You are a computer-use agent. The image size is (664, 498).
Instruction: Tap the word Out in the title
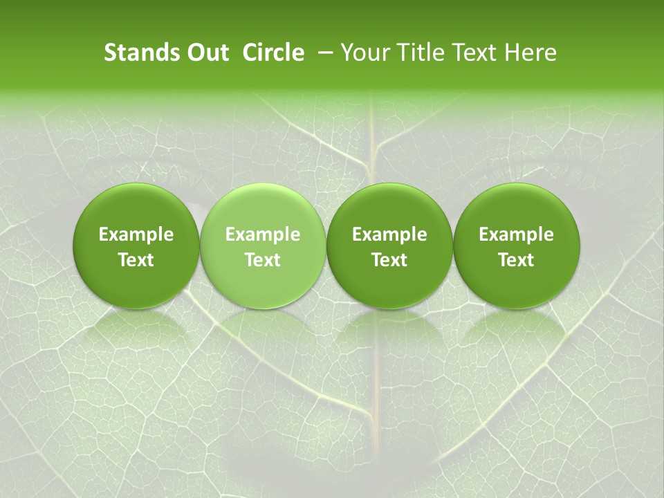pyautogui.click(x=206, y=53)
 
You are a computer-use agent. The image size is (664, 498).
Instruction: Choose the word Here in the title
pyautogui.click(x=528, y=53)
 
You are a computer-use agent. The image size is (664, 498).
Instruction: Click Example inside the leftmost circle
pyautogui.click(x=136, y=234)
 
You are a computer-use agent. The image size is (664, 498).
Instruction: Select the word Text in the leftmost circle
pyautogui.click(x=136, y=260)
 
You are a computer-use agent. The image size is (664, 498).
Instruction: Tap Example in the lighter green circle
pyautogui.click(x=263, y=234)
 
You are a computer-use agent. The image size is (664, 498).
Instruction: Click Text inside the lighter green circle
pyautogui.click(x=263, y=260)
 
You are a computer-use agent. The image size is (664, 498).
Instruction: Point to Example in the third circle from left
pyautogui.click(x=389, y=234)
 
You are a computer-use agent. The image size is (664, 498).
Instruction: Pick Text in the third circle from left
pyautogui.click(x=389, y=260)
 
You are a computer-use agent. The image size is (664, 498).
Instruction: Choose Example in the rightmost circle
pyautogui.click(x=516, y=234)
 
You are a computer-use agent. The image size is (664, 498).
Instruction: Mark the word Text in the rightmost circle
pyautogui.click(x=516, y=260)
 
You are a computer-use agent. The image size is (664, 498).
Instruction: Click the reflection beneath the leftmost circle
pyautogui.click(x=136, y=332)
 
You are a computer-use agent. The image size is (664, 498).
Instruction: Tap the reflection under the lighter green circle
pyautogui.click(x=263, y=332)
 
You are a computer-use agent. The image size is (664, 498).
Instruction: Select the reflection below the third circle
pyautogui.click(x=389, y=332)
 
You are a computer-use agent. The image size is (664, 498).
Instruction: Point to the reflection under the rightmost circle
pyautogui.click(x=516, y=332)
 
